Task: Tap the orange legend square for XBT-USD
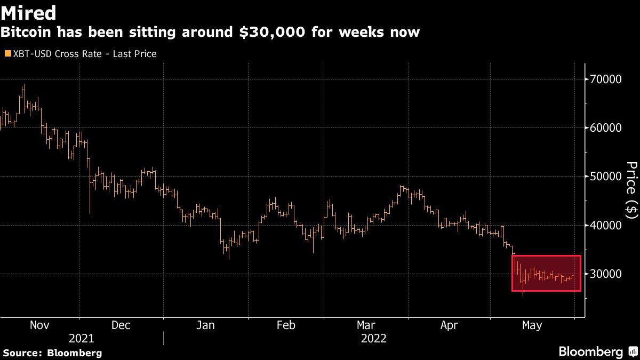point(7,54)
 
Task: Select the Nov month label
point(40,325)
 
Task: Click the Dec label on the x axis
point(121,325)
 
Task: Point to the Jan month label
point(205,325)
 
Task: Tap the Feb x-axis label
point(286,325)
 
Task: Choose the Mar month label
point(366,325)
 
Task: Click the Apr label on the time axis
point(450,325)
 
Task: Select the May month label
point(532,325)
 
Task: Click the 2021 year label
point(82,339)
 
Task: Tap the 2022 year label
point(374,339)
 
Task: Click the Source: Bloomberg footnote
point(52,353)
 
